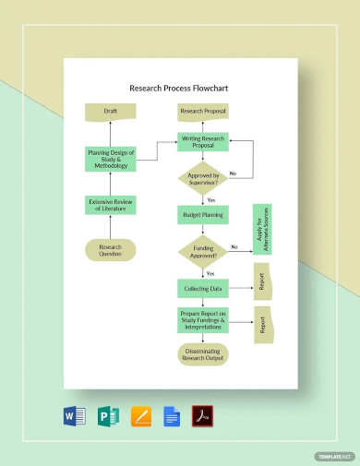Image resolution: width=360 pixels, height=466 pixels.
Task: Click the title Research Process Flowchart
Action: pos(179,90)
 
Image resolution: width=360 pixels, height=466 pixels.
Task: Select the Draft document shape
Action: pos(110,112)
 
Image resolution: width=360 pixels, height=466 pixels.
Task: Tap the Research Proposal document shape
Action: pos(202,112)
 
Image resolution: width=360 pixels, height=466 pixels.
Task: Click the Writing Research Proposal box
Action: pos(202,143)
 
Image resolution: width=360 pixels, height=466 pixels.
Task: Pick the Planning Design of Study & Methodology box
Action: pos(110,159)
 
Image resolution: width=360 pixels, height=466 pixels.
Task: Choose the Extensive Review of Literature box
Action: pos(110,206)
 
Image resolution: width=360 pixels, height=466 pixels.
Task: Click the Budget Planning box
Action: pos(202,214)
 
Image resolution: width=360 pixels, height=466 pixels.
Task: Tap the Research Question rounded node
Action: pos(110,249)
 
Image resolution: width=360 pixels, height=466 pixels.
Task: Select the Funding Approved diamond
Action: pos(202,251)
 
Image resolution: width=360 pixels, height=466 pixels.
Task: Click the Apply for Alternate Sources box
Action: pos(261,229)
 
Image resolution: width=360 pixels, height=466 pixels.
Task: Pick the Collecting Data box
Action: pos(202,289)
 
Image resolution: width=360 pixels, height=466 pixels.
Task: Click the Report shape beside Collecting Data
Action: pos(262,281)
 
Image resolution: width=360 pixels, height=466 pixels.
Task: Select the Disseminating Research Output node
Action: pos(202,354)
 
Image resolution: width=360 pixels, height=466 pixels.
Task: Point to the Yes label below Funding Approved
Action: pos(210,274)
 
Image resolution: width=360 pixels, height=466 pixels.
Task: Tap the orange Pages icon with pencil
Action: pos(140,416)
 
